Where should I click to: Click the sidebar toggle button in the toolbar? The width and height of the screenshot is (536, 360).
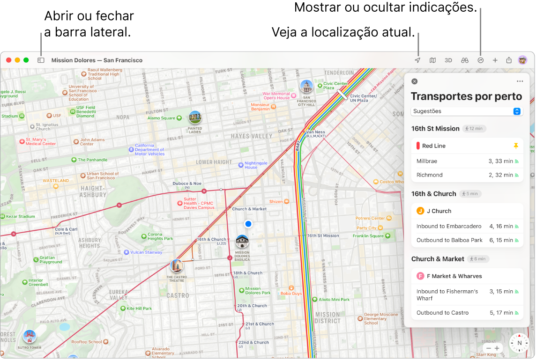41,60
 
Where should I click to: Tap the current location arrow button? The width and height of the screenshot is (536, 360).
417,60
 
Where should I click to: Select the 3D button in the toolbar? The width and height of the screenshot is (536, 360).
448,60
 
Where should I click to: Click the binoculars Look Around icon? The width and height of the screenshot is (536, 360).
465,60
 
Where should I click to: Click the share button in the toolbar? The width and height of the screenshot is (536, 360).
509,60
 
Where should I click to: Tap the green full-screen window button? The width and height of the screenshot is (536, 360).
26,60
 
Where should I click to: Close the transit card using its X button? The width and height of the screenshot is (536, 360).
414,81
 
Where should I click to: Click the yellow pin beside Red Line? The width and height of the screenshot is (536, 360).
516,146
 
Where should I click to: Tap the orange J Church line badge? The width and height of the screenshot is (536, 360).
420,211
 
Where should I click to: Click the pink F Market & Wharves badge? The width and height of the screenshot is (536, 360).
420,276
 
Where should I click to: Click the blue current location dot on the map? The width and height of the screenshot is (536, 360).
248,224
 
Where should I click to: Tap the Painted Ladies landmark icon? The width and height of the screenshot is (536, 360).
195,118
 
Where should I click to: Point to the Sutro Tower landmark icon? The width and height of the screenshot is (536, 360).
30,337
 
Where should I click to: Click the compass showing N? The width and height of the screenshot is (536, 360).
519,343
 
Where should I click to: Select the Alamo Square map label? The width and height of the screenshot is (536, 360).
161,118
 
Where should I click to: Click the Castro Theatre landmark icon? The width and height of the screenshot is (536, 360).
177,266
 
